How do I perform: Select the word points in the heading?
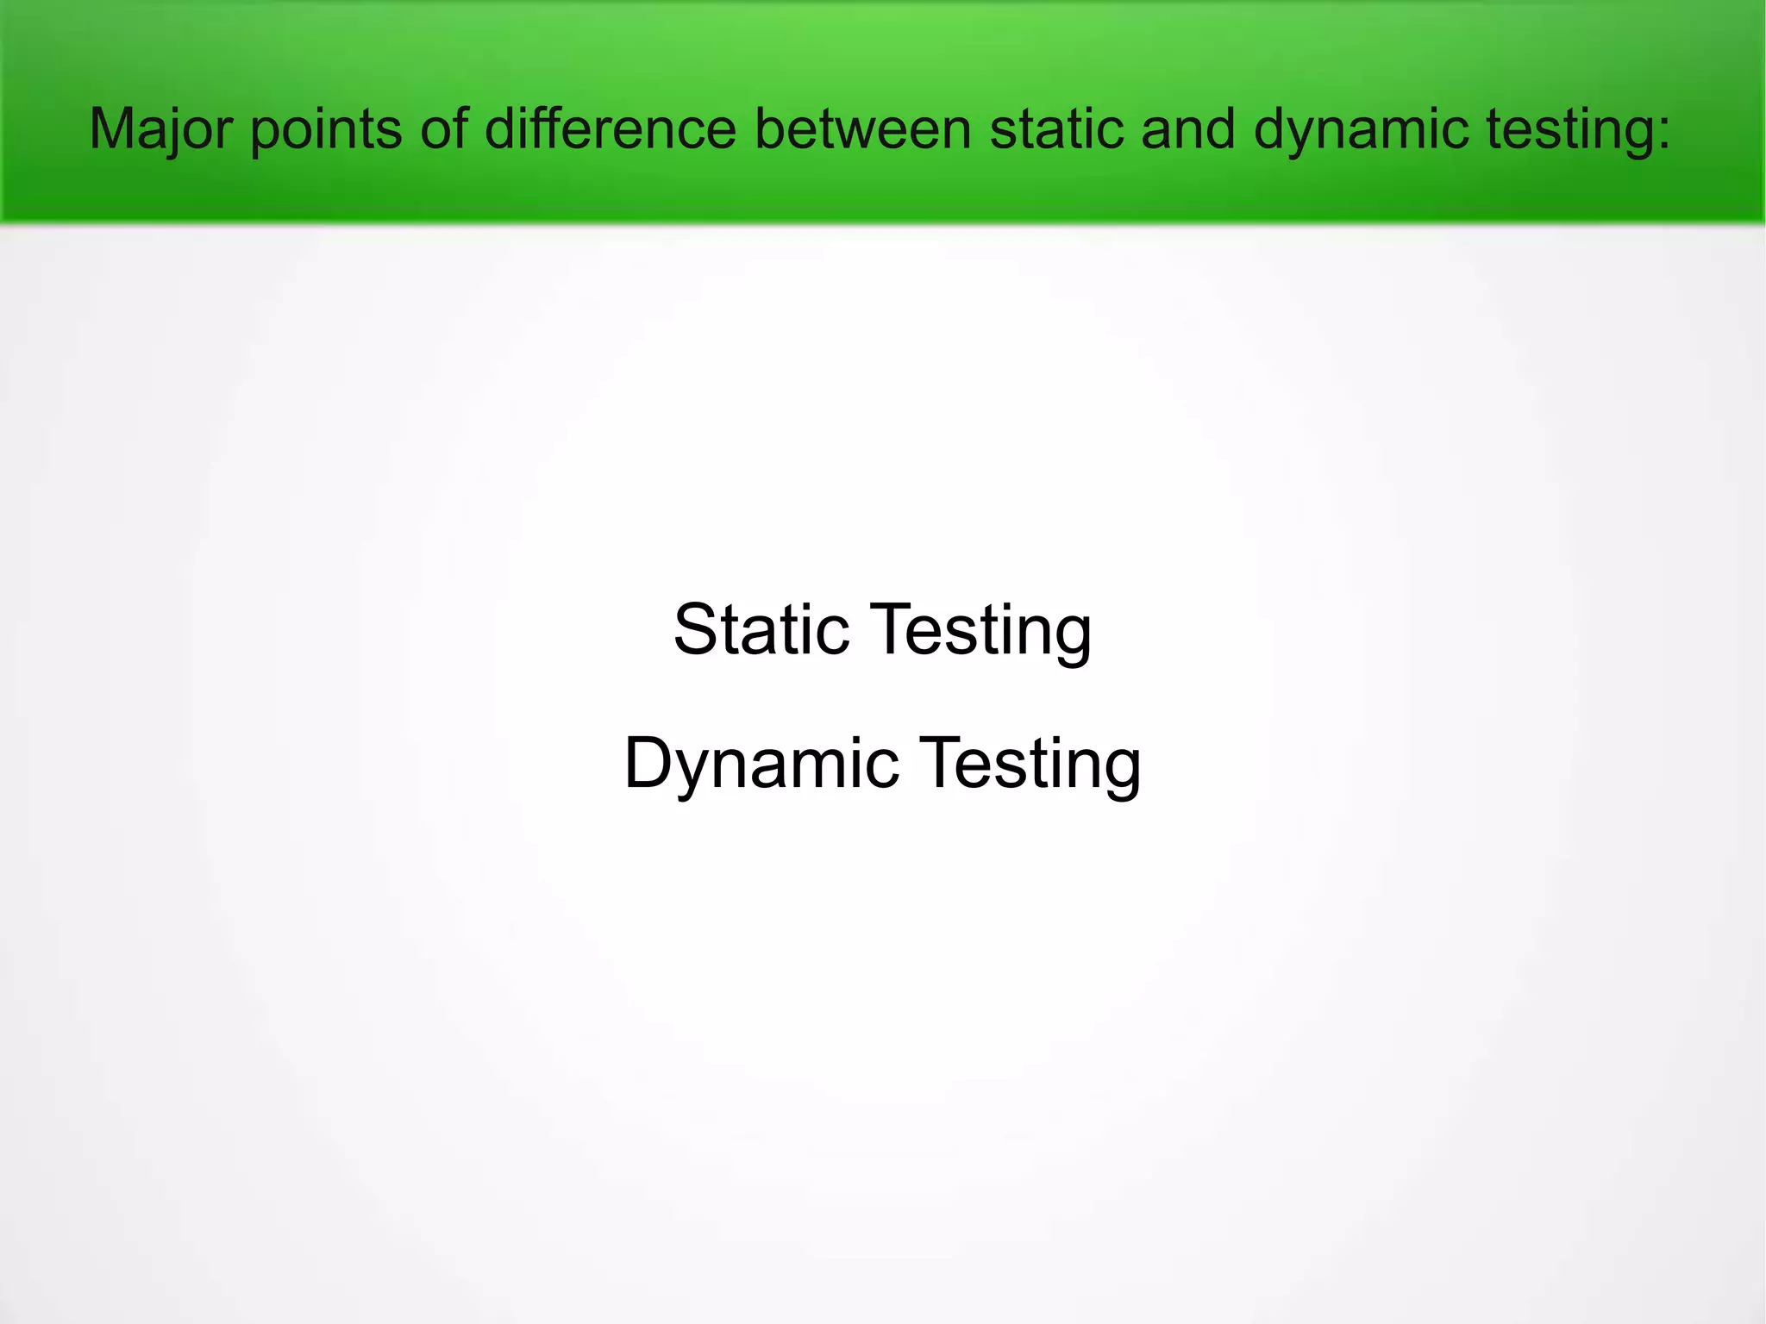point(326,129)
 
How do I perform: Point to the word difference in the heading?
point(611,129)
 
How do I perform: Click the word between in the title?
point(862,129)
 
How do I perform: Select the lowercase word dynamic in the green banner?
point(1361,129)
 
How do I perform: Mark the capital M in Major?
point(111,129)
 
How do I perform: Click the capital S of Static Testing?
point(697,629)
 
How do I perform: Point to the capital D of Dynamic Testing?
point(648,762)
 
